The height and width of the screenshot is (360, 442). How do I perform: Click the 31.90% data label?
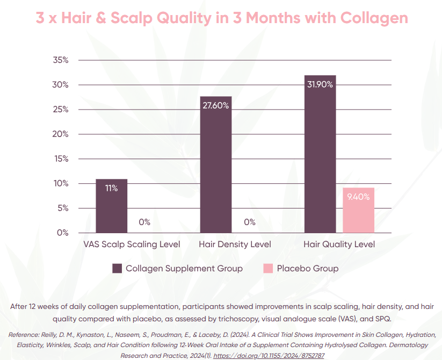click(320, 84)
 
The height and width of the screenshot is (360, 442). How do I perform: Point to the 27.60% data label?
click(215, 105)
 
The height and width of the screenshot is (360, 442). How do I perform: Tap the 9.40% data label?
click(358, 197)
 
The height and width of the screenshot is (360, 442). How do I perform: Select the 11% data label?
click(111, 188)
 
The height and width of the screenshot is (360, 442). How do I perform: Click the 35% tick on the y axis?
click(61, 60)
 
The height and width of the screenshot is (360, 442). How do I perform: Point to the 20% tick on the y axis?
click(61, 134)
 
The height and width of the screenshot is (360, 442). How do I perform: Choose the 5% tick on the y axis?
click(63, 208)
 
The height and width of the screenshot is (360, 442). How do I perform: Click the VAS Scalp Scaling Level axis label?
click(132, 244)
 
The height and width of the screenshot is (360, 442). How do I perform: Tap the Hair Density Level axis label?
click(235, 244)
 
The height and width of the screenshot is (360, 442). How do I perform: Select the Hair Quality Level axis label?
click(339, 244)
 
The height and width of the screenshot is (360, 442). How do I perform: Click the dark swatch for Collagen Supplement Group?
click(117, 268)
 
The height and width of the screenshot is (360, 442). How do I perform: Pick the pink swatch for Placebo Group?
click(268, 268)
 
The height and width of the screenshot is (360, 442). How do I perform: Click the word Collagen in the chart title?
click(374, 18)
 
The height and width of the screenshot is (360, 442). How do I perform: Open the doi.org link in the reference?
click(269, 356)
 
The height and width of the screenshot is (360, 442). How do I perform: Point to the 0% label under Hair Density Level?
click(249, 222)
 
